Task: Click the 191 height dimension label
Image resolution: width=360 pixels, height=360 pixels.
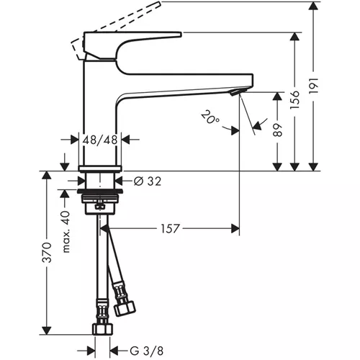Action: click(x=314, y=86)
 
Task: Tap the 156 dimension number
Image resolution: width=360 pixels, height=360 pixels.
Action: click(x=295, y=100)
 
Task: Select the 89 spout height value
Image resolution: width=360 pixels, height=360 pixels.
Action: click(x=278, y=130)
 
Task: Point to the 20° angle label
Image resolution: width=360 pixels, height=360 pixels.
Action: click(x=210, y=117)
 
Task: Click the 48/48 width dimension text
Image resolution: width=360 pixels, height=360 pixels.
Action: click(x=100, y=140)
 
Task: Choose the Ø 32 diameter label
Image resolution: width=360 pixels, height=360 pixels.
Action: click(x=148, y=181)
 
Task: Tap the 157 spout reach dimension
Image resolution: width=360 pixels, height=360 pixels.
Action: click(x=170, y=228)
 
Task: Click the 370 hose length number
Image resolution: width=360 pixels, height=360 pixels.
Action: click(x=47, y=252)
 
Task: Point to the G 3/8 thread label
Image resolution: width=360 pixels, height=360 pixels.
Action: click(x=146, y=351)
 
